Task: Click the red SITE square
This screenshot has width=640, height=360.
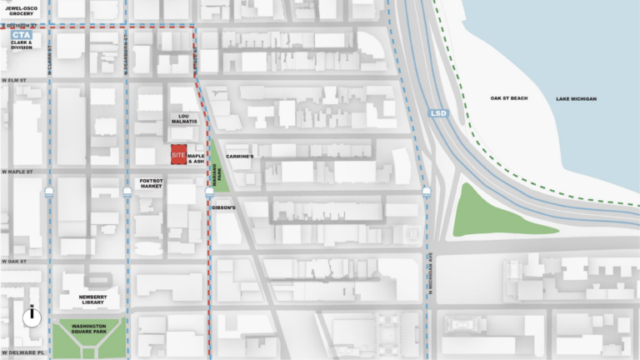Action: point(177,156)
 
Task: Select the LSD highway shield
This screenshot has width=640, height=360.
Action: point(439,112)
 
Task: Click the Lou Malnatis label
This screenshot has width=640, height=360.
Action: point(184,122)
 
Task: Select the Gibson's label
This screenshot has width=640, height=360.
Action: point(224,207)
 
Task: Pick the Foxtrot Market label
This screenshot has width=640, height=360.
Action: point(151,183)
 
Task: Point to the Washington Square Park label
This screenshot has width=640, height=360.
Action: point(92,330)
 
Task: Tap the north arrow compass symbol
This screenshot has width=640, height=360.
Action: point(32,317)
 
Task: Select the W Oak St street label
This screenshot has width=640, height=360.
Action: point(14,261)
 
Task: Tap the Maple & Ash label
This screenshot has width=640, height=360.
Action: point(197,157)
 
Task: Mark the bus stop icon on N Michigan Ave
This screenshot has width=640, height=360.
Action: point(427,192)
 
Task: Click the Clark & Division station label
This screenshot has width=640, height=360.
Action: point(22,45)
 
